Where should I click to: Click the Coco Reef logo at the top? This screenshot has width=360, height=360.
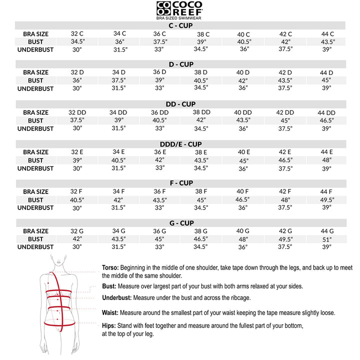pos(180,8)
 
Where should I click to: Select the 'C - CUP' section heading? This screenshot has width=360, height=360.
pos(180,25)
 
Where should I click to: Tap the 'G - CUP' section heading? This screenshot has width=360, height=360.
pos(180,223)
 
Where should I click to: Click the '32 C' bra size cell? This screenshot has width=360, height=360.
pos(77,33)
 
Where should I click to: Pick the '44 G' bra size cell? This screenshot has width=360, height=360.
pos(326,231)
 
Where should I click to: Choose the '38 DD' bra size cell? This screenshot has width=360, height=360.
pos(201,112)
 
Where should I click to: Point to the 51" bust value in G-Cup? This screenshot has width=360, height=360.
pos(326,239)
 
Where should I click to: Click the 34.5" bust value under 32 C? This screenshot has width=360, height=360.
pos(77,41)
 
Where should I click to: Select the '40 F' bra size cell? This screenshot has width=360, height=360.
pos(243,191)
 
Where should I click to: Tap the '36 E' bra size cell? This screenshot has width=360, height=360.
pos(160,152)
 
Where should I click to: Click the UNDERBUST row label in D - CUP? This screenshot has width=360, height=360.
pos(35,88)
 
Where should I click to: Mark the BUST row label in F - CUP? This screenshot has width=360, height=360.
pos(35,200)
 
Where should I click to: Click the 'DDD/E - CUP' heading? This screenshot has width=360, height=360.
pos(180,144)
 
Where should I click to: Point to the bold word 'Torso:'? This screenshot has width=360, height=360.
pos(110,267)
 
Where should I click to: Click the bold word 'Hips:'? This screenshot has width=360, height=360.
pos(109,325)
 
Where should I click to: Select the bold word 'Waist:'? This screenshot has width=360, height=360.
pos(110,312)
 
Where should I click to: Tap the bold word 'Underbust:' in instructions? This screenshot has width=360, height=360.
pos(116,297)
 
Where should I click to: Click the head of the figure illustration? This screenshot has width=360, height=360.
pos(59,261)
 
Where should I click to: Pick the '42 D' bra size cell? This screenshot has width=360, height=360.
pos(285,72)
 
